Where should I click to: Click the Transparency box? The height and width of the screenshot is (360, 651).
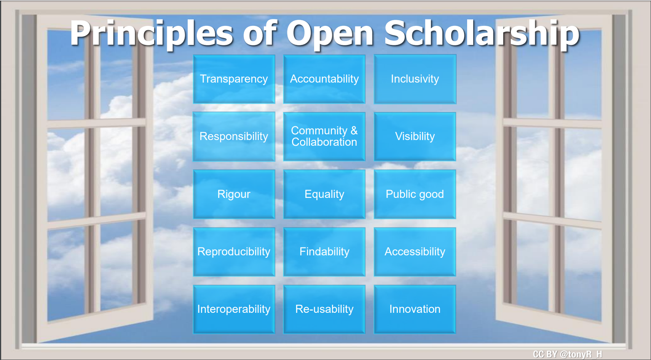coord(234,79)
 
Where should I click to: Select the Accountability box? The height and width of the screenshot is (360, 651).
coord(324,79)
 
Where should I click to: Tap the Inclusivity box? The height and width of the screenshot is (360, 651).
coord(415,79)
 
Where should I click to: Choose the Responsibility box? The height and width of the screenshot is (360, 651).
coord(234,136)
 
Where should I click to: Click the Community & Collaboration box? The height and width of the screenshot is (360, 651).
coord(324,136)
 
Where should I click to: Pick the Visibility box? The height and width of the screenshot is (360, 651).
coord(415,136)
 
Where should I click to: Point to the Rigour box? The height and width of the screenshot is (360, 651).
coord(234,194)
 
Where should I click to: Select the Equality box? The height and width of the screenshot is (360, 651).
coord(324,194)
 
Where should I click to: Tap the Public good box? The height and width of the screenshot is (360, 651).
coord(415,194)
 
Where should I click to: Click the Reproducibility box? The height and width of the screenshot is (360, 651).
coord(234,252)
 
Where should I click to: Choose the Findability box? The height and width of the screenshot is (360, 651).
coord(324,252)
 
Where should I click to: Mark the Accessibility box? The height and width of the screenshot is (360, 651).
coord(415,252)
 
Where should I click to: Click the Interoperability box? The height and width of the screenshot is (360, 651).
coord(234,309)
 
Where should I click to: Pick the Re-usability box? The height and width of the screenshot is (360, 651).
coord(324,309)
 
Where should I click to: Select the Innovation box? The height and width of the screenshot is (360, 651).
coord(415,309)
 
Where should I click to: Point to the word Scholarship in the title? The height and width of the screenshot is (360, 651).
coord(482,33)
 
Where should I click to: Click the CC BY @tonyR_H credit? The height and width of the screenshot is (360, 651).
coord(567,354)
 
